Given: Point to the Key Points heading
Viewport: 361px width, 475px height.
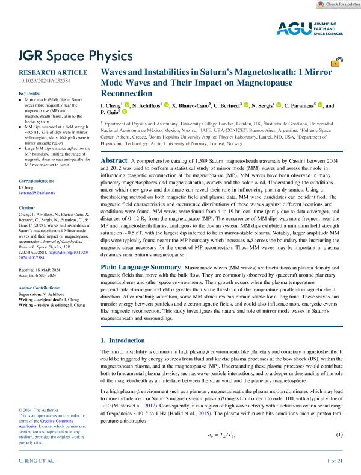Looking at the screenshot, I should coord(31,93).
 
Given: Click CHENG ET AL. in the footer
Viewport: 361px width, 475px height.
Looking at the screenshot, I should coord(39,461).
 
